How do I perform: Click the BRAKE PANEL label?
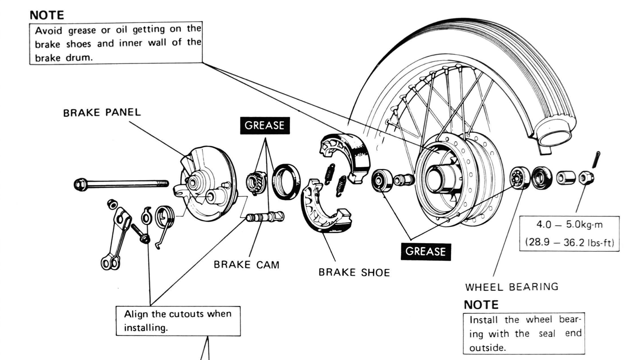[102, 113]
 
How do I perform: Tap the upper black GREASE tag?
[264, 125]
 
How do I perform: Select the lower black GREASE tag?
[425, 251]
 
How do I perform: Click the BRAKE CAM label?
[246, 265]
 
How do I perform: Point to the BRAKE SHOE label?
[354, 272]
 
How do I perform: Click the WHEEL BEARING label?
[512, 287]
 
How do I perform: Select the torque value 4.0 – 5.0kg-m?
[569, 225]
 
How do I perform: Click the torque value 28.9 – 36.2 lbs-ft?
[569, 242]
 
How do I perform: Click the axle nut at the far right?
[586, 177]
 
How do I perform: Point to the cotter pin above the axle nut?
[597, 160]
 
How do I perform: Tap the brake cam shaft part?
[264, 217]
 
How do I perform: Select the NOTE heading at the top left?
[47, 15]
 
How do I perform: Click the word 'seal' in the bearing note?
[547, 334]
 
